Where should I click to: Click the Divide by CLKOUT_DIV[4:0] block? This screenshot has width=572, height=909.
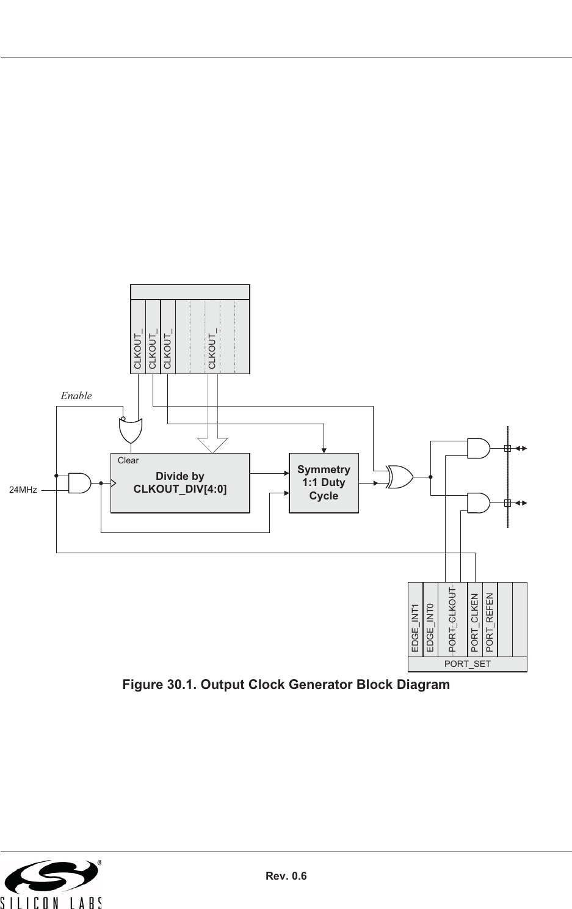180,483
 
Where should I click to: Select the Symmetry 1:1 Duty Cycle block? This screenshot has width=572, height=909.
324,483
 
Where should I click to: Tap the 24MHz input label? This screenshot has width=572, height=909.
24,490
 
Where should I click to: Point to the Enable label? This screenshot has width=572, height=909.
76,396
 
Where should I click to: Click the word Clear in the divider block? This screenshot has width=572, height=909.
128,460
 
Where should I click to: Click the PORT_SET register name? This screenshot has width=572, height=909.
467,664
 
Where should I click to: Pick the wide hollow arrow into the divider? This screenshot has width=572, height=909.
212,444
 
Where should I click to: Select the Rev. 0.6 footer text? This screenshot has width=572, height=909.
286,876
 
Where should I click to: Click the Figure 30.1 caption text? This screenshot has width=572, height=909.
286,684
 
